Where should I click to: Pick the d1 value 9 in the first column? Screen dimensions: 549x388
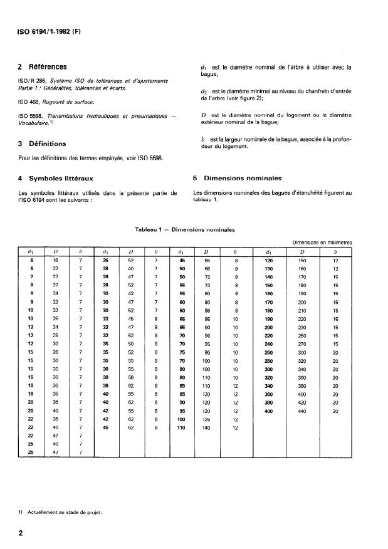[x=31, y=301]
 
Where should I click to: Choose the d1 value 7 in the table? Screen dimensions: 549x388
[x=31, y=276]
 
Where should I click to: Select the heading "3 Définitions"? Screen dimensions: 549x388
[x=42, y=144]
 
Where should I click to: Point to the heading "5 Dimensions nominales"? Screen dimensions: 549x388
[x=238, y=177]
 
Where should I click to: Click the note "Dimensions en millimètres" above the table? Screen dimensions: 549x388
[x=322, y=241]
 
